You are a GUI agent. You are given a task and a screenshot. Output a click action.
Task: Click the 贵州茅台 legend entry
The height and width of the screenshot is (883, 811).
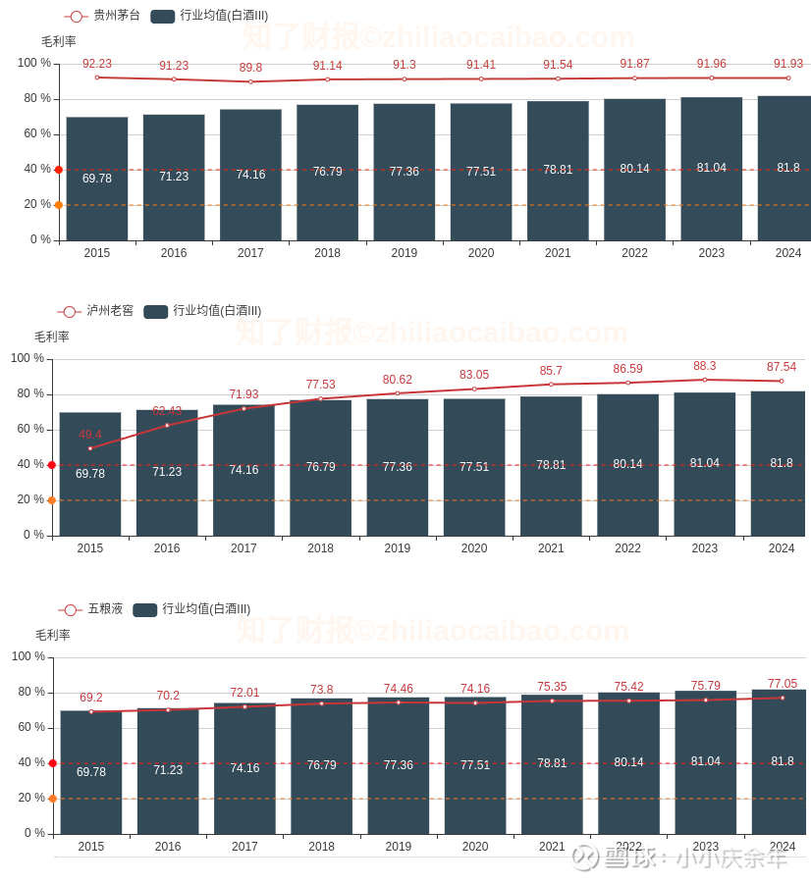[x=102, y=16]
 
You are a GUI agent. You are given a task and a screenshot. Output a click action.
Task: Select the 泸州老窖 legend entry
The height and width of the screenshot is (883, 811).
[x=95, y=311]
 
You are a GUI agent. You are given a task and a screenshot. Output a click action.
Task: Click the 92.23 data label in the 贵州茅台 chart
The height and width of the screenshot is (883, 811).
[x=97, y=64]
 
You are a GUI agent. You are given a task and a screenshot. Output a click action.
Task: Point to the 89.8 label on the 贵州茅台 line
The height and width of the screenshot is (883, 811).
[x=250, y=68]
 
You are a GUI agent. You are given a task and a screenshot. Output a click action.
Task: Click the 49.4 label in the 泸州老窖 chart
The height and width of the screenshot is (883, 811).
[x=90, y=435]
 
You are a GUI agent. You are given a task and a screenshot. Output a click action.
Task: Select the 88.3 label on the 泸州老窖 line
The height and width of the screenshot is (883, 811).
[x=705, y=366]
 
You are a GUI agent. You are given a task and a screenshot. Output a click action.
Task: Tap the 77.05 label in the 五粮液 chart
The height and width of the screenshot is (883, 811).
[x=783, y=684]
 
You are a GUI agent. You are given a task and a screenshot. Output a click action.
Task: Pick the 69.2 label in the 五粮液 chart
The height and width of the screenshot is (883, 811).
[x=91, y=698]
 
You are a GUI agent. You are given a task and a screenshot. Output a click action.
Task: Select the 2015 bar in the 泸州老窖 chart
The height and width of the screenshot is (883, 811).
[x=90, y=474]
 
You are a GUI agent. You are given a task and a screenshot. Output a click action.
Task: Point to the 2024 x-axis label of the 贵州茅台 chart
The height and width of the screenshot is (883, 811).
[x=788, y=253]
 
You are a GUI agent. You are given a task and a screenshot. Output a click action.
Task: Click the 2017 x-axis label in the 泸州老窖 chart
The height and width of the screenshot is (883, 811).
[x=243, y=548]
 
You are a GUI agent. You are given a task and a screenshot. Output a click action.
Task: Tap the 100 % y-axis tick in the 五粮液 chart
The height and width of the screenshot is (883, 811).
[x=28, y=656]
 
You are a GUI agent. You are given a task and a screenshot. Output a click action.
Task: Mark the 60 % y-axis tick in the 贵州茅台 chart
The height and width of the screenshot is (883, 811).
[x=35, y=133]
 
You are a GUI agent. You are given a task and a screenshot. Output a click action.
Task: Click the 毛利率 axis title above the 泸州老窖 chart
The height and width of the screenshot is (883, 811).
[x=52, y=337]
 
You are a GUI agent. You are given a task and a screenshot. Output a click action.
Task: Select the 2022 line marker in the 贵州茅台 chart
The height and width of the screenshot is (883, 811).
[x=634, y=78]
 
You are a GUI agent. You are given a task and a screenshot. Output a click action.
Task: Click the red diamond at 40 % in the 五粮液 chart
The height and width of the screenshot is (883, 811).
[x=52, y=763]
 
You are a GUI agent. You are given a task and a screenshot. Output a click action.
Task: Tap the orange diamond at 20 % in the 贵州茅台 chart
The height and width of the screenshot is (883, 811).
[x=58, y=205]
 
